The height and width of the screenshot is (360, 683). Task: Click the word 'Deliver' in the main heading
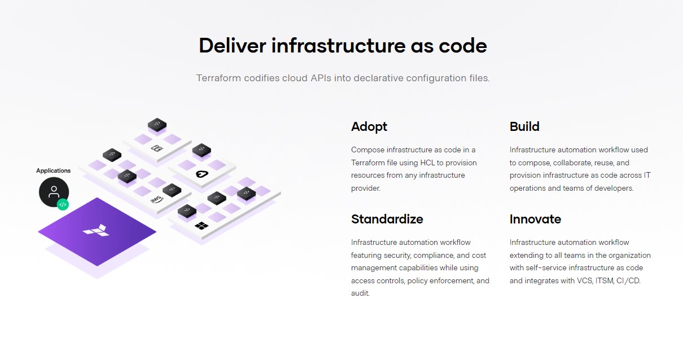[x=232, y=46]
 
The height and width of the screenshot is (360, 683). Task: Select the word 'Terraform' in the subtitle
[x=218, y=78]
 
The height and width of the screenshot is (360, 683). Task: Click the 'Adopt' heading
[x=369, y=126]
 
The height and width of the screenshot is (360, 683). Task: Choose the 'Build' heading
[x=524, y=126]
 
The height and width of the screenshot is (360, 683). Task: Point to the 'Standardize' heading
[x=387, y=219]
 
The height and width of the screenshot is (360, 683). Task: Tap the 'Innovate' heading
[x=535, y=219]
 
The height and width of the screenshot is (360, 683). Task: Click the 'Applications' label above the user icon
[x=54, y=170]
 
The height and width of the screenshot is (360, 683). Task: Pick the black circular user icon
[x=54, y=192]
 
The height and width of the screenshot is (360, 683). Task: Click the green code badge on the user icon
[x=63, y=204]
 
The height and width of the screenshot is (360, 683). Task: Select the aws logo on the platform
[x=156, y=200]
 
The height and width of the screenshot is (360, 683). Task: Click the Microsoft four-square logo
[x=201, y=226]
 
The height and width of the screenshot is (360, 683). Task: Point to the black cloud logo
[x=202, y=174]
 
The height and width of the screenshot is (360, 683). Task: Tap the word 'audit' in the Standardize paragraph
[x=360, y=293]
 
